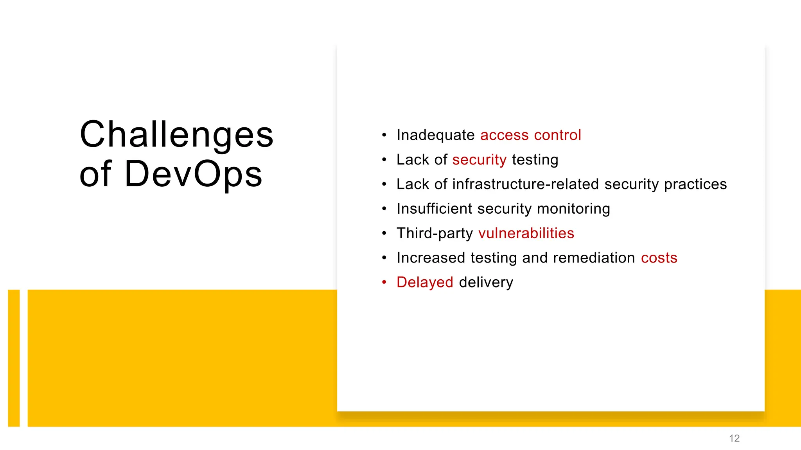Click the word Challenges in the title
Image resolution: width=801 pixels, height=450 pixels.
pyautogui.click(x=176, y=134)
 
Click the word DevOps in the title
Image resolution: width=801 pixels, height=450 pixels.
pyautogui.click(x=193, y=173)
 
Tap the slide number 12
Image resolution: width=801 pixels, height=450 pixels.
pyautogui.click(x=734, y=438)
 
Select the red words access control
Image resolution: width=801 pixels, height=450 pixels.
pyautogui.click(x=530, y=135)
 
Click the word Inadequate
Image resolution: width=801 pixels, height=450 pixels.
pyautogui.click(x=435, y=135)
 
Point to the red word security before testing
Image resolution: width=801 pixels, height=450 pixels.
pyautogui.click(x=479, y=160)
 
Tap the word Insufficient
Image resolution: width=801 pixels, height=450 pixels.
pyautogui.click(x=434, y=209)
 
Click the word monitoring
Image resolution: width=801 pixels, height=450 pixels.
pyautogui.click(x=573, y=209)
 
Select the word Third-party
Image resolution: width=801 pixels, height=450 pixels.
pyautogui.click(x=435, y=233)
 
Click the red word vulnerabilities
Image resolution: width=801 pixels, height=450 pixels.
pyautogui.click(x=526, y=233)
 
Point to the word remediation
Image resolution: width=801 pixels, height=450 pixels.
pyautogui.click(x=594, y=258)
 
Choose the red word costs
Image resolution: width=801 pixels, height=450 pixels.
pyautogui.click(x=659, y=258)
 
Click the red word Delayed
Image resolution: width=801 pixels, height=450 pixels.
pyautogui.click(x=425, y=282)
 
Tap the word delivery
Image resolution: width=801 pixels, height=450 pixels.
pyautogui.click(x=486, y=282)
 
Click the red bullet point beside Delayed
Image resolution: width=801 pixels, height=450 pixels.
pyautogui.click(x=384, y=282)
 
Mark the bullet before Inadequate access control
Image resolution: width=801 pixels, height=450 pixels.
pyautogui.click(x=384, y=135)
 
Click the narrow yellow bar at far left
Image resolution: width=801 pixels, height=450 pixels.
pyautogui.click(x=14, y=358)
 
